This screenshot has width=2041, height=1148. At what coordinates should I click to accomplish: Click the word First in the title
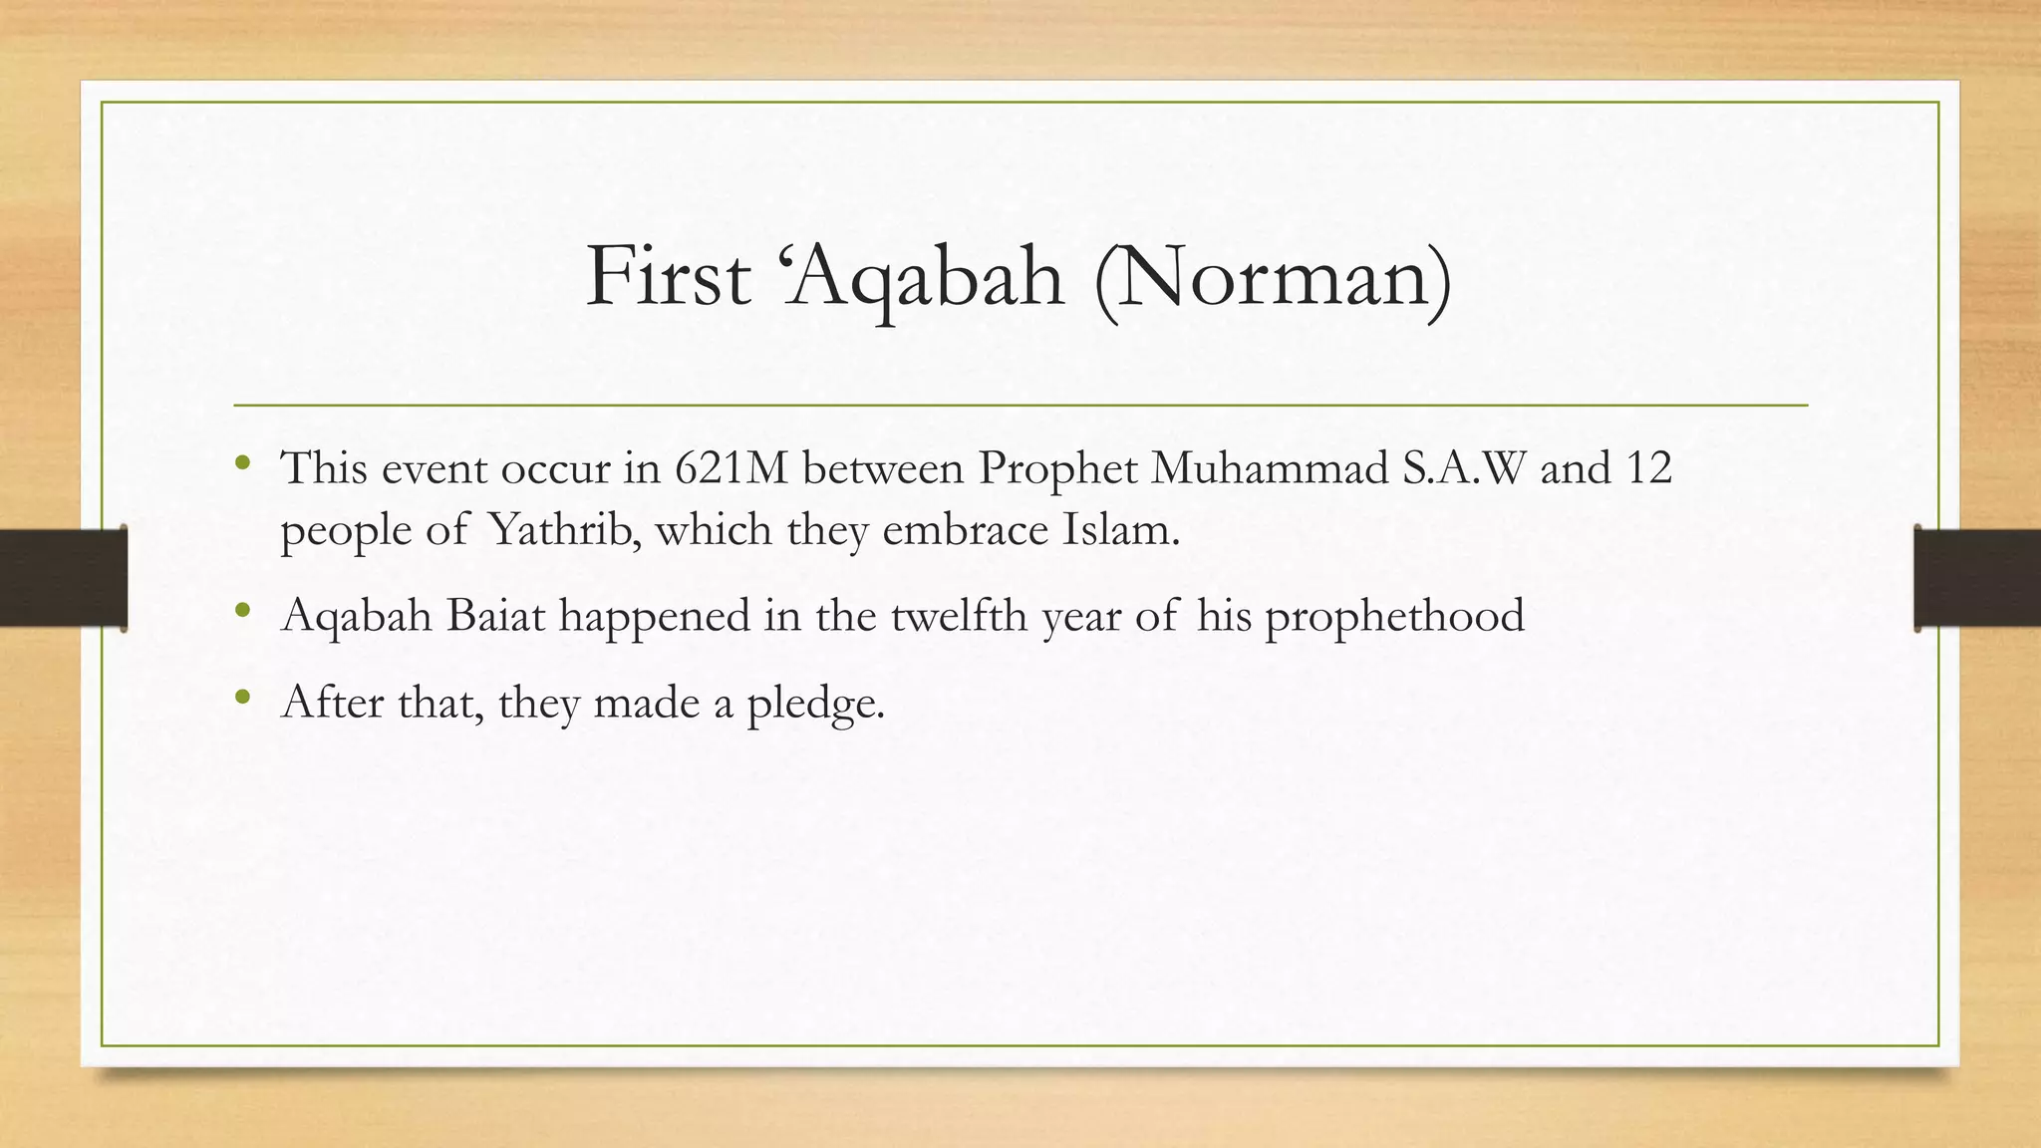coord(668,277)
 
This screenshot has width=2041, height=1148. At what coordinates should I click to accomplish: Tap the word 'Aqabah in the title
coord(925,277)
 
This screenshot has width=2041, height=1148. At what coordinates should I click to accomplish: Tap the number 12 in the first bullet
coord(1648,467)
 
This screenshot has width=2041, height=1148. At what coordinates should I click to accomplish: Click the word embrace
coord(965,529)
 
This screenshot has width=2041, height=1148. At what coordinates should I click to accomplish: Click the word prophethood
coord(1394,615)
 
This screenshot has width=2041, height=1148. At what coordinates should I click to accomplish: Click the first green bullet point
coord(242,463)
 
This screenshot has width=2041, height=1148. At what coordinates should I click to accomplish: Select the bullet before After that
coord(242,699)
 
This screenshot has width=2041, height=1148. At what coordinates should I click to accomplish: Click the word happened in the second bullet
coord(654,615)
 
